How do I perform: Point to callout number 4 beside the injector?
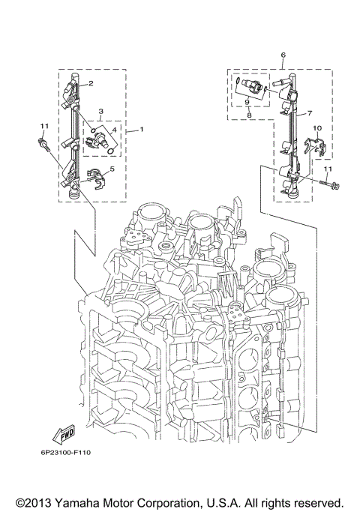tap(115, 130)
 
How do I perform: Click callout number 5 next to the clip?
tap(112, 169)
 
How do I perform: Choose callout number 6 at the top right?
tap(283, 56)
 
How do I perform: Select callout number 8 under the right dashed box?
tap(248, 115)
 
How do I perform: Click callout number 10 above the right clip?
tap(317, 129)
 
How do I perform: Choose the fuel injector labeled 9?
tap(250, 87)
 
